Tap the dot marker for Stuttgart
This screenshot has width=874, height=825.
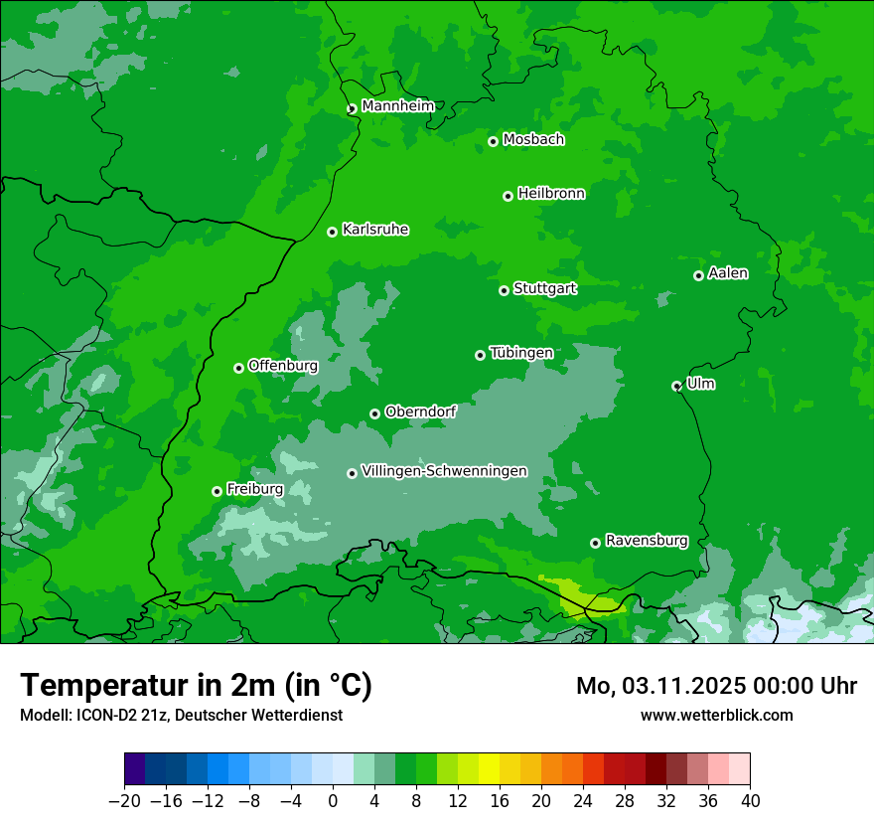504,290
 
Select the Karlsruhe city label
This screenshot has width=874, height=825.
374,230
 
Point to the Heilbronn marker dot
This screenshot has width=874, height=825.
508,196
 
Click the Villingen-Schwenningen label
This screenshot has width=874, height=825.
444,471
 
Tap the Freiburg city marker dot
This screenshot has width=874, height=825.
217,491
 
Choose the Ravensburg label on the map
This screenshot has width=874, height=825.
646,541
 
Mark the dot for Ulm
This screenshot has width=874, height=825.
676,386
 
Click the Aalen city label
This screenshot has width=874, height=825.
728,273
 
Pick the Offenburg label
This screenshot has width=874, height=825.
282,366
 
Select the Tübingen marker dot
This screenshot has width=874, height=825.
480,355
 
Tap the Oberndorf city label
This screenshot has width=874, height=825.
420,412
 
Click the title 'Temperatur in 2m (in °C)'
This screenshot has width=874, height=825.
196,685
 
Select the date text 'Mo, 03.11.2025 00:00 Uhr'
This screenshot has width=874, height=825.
716,686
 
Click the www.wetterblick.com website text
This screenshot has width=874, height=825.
716,715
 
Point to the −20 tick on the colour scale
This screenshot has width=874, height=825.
124,801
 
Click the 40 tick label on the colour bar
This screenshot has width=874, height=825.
750,801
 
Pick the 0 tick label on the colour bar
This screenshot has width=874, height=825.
333,801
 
